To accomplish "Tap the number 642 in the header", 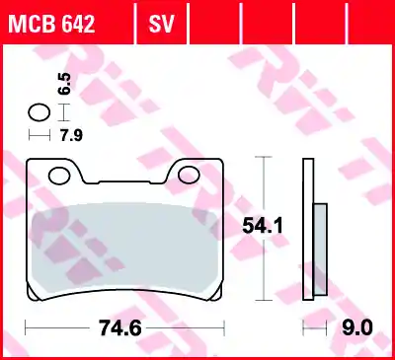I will (x=77, y=21).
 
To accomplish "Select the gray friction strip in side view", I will (x=319, y=248).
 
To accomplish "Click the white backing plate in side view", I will (x=308, y=227).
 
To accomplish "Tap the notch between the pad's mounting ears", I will (x=125, y=178).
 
